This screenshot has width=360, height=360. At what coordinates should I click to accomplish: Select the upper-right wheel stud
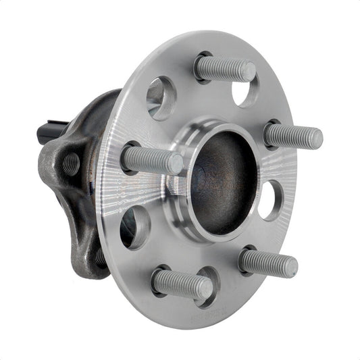tap(292, 136)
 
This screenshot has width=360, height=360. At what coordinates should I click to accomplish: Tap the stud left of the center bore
tap(151, 160)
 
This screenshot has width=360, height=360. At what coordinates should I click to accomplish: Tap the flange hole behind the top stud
tap(245, 91)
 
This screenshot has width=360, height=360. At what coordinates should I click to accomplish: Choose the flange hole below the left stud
tap(134, 226)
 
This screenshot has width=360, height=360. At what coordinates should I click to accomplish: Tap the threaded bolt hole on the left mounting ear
tap(70, 163)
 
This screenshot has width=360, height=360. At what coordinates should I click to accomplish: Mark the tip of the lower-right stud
tap(290, 266)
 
